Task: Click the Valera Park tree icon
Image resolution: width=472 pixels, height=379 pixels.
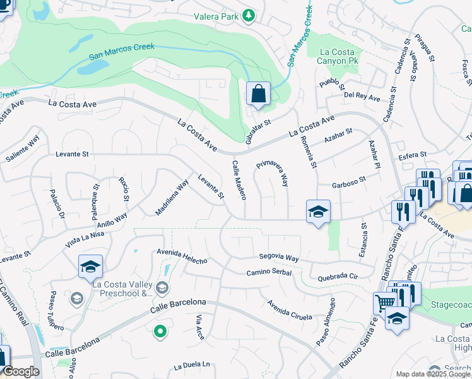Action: coord(249,15)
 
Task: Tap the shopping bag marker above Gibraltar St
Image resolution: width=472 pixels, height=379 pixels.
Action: coord(258,95)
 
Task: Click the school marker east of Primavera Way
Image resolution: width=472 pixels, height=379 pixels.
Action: coord(318,212)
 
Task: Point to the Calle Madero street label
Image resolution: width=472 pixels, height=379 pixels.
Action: coord(238,179)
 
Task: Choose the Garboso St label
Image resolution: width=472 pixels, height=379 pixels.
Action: coord(349,186)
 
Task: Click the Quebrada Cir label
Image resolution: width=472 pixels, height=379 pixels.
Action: coord(338,276)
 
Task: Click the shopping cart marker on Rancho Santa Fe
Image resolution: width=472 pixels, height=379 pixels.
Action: coord(384,303)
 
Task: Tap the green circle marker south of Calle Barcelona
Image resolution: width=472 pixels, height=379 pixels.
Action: coord(160,330)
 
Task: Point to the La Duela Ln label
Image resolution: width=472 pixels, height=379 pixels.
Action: coord(191,364)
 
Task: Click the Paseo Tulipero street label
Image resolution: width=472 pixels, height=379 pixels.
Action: coord(57,310)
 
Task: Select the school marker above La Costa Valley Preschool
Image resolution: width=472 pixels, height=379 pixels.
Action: coord(90,267)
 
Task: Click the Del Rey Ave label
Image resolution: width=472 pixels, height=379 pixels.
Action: coord(362,98)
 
